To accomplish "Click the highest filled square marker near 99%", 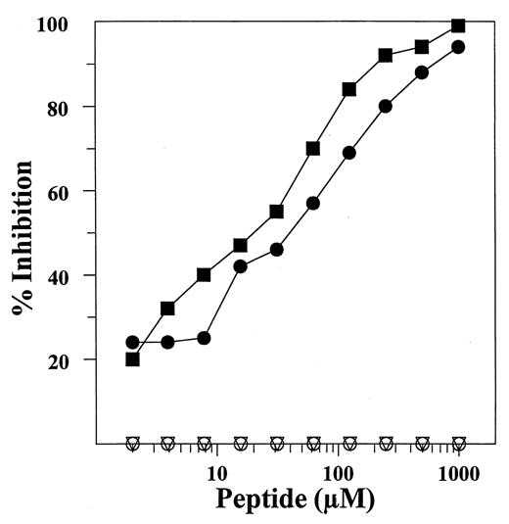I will coord(458,25).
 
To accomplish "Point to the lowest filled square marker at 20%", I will coord(132,358).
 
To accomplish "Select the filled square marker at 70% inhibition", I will coord(313,149).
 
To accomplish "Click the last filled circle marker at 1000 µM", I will coord(458,47).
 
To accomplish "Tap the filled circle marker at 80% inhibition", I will coord(386,106).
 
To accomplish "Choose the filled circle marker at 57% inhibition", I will coord(313,203).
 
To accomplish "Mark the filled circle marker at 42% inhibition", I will coord(241,266).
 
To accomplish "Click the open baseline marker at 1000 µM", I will coord(458,443).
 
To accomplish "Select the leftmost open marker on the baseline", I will coord(132,443).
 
